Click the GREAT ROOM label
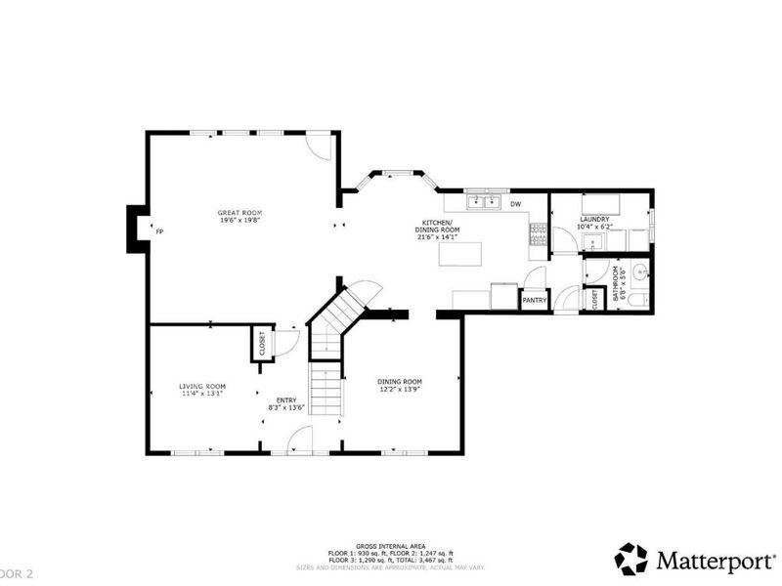point(239,213)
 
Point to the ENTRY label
point(286,399)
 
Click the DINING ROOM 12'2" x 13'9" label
point(400,382)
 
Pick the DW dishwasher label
point(515,204)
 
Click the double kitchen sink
point(480,203)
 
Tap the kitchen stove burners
point(537,233)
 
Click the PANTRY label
point(534,301)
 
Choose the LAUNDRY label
point(593,219)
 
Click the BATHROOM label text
point(616,282)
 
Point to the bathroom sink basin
point(640,271)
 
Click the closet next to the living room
point(262,344)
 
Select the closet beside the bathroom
point(593,299)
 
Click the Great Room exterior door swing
point(319,146)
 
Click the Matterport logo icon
point(630,559)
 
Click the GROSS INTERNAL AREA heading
point(390,546)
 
